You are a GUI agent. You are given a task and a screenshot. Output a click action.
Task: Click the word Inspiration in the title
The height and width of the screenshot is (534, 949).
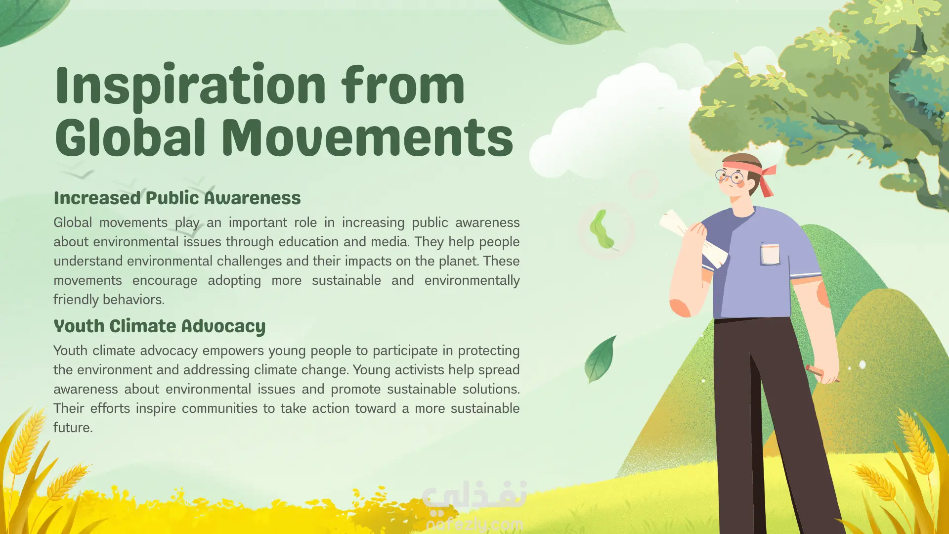pos(191,86)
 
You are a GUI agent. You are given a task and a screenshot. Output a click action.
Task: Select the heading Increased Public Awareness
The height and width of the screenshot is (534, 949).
pos(177,198)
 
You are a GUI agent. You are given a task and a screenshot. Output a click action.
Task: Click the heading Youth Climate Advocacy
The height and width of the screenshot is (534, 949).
pos(159,326)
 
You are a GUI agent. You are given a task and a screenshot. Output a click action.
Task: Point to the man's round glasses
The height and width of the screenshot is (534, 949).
pos(729,176)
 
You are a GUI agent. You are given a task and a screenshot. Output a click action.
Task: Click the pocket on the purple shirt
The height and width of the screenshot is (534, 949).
pos(770,254)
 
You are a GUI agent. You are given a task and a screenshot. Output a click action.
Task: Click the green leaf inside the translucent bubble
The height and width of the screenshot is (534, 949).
pos(602,229)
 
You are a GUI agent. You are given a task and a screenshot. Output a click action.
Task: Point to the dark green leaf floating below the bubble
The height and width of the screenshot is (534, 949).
pos(600,360)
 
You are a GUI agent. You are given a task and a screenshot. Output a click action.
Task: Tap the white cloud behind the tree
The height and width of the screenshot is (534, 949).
pos(618,119)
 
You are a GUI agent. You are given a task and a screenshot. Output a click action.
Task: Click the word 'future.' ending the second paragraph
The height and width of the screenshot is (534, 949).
pos(73,428)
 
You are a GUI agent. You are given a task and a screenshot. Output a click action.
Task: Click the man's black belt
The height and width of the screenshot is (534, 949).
pos(751,319)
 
